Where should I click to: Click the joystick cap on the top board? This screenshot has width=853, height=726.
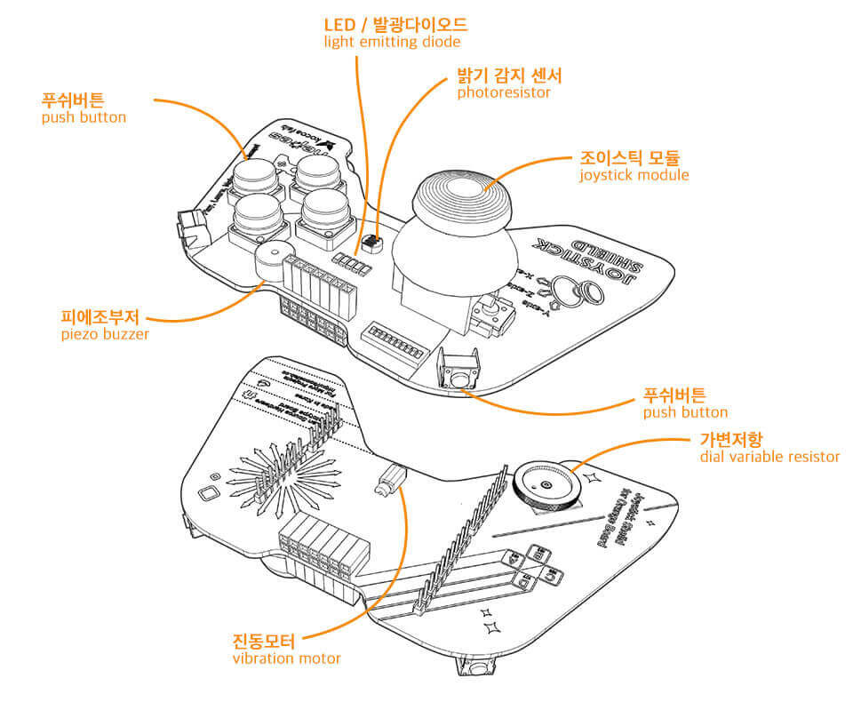click(x=463, y=191)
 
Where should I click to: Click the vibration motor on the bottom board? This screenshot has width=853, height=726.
click(x=388, y=483)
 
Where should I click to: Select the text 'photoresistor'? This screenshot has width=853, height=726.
click(x=504, y=92)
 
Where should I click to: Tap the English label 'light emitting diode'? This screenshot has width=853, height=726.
click(x=392, y=42)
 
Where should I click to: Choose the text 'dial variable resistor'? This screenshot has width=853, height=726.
click(x=769, y=457)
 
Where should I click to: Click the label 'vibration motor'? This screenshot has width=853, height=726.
click(x=286, y=658)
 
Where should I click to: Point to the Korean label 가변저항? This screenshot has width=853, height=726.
click(x=731, y=439)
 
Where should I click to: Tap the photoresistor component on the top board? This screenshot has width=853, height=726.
click(x=371, y=241)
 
